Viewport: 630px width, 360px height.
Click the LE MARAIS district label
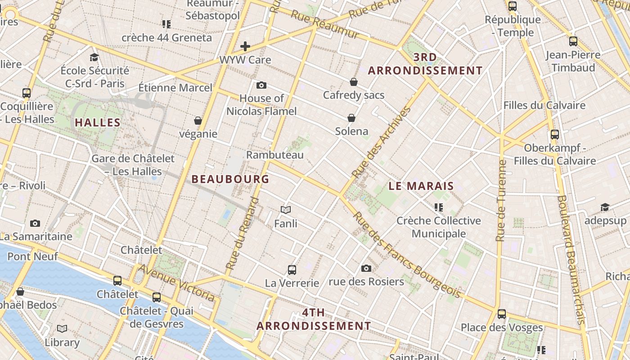pyautogui.click(x=421, y=186)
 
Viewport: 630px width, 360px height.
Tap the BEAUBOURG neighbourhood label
pyautogui.click(x=230, y=179)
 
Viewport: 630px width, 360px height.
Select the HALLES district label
pyautogui.click(x=98, y=122)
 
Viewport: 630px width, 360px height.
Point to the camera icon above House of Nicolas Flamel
pyautogui.click(x=261, y=85)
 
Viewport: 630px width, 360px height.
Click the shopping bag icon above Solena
pyautogui.click(x=351, y=118)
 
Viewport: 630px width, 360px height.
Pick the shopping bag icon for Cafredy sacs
pyautogui.click(x=354, y=82)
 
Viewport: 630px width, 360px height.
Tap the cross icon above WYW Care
pyautogui.click(x=245, y=46)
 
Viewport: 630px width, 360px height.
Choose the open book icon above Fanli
pyautogui.click(x=286, y=210)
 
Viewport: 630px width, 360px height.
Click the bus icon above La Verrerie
pyautogui.click(x=292, y=270)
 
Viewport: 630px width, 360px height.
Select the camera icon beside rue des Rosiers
pyautogui.click(x=366, y=269)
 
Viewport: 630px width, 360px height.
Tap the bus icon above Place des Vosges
pyautogui.click(x=502, y=314)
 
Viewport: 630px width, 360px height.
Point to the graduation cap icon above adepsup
pyautogui.click(x=605, y=207)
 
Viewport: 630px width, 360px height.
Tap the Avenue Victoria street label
pyautogui.click(x=176, y=283)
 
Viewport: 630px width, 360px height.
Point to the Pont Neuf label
pyautogui.click(x=32, y=256)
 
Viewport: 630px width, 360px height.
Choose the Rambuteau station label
pyautogui.click(x=274, y=155)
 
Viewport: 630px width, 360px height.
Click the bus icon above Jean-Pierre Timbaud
pyautogui.click(x=573, y=41)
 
